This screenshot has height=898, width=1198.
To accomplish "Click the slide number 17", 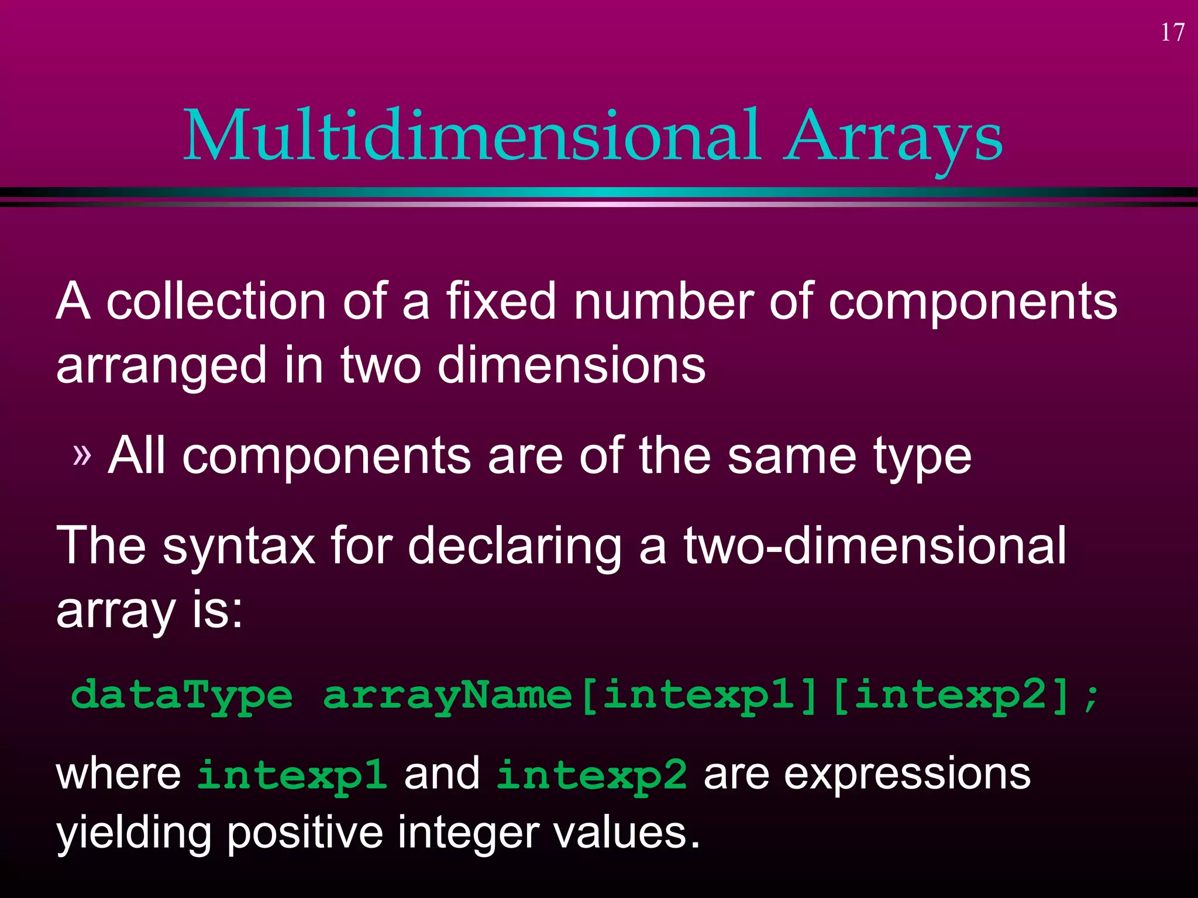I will click(1172, 33).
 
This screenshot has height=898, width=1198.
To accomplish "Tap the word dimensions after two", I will click(572, 365).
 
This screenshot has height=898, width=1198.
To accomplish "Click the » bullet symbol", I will click(82, 455).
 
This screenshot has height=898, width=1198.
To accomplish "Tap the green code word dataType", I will click(181, 696).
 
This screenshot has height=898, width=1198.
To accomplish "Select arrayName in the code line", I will click(447, 696).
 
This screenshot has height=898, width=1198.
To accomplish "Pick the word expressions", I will click(907, 775).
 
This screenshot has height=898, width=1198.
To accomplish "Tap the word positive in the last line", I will click(304, 834).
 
